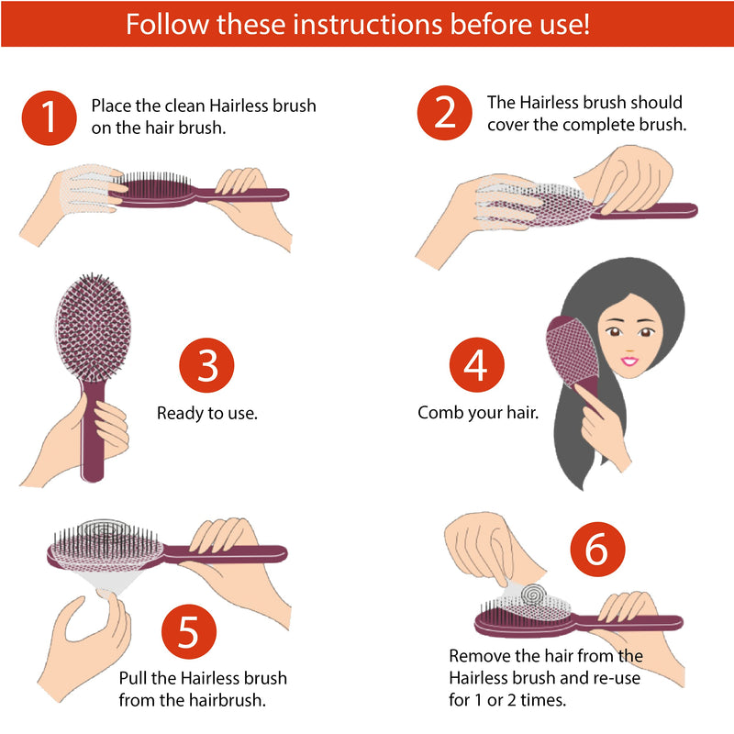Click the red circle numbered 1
(x=49, y=117)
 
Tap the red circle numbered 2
(x=445, y=113)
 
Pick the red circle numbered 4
(x=475, y=366)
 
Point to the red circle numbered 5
(x=189, y=632)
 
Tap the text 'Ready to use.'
(x=207, y=413)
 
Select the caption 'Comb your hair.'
(x=477, y=413)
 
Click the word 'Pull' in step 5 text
(x=135, y=679)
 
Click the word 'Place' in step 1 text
(x=112, y=106)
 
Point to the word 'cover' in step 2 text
(x=508, y=125)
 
